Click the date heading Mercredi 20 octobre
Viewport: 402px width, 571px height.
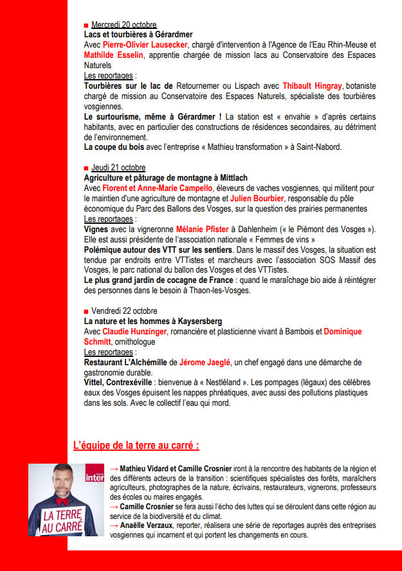pyautogui.click(x=123, y=25)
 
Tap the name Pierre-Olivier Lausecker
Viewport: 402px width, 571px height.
pyautogui.click(x=145, y=45)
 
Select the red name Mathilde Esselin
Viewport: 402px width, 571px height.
pyautogui.click(x=114, y=55)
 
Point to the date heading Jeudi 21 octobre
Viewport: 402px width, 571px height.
pyautogui.click(x=118, y=168)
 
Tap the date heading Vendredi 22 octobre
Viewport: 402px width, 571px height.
pyautogui.click(x=123, y=311)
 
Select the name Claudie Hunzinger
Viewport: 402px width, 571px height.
pyautogui.click(x=134, y=331)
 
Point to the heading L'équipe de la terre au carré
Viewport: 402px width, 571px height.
pyautogui.click(x=137, y=445)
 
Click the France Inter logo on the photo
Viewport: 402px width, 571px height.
pyautogui.click(x=94, y=476)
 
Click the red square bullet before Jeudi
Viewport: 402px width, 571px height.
pyautogui.click(x=86, y=168)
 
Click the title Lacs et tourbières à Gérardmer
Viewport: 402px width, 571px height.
pyautogui.click(x=138, y=35)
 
